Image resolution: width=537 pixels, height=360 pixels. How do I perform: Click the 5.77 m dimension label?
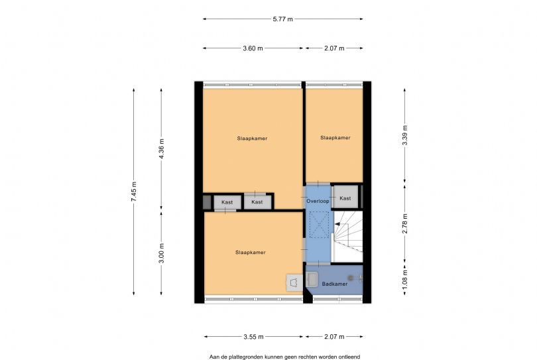282,19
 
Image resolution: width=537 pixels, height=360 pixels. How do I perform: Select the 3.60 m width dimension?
253,48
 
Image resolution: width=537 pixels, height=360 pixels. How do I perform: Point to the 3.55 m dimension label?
253,337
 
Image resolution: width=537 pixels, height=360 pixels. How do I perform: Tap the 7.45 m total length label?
133,191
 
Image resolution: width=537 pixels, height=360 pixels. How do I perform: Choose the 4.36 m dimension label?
162,149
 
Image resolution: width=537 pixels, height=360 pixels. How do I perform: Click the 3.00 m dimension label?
162,253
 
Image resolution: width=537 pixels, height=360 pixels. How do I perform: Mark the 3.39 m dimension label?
405,135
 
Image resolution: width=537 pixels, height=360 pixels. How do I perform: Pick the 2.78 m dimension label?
405,223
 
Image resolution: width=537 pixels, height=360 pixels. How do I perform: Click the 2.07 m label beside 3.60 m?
334,48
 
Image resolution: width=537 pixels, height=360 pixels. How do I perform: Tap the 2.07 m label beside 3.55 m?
334,337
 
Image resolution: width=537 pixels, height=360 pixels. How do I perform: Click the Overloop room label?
318,201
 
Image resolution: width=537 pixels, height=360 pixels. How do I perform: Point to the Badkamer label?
335,284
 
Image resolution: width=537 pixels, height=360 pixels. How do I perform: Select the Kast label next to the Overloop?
345,198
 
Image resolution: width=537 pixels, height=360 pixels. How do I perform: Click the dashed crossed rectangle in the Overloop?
319,224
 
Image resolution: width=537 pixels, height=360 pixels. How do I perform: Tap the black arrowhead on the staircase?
337,224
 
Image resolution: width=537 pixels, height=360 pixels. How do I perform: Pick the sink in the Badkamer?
312,279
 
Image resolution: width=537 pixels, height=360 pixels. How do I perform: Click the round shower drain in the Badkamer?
351,278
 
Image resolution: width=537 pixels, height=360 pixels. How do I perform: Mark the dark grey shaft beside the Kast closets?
207,202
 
